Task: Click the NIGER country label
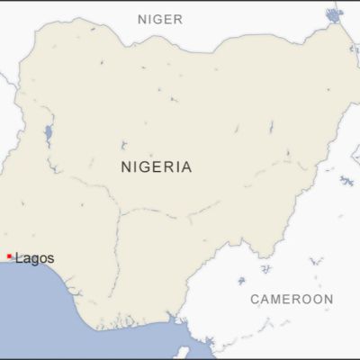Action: [x=160, y=18]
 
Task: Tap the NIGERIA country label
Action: [x=156, y=166]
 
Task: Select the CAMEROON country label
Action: [x=292, y=299]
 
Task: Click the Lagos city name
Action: [x=34, y=258]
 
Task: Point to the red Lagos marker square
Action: [x=9, y=256]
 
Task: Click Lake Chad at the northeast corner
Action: [x=335, y=14]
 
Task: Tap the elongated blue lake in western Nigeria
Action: [x=48, y=136]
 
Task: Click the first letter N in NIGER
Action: [x=142, y=18]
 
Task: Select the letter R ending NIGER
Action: [x=178, y=18]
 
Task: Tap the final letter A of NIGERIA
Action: [x=185, y=166]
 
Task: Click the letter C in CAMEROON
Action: [x=255, y=299]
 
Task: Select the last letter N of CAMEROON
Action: [x=328, y=299]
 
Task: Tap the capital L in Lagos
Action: [x=19, y=258]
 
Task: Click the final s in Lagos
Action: [x=50, y=259]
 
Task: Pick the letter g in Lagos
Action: [x=34, y=260]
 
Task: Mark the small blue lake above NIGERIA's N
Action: [x=123, y=144]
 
